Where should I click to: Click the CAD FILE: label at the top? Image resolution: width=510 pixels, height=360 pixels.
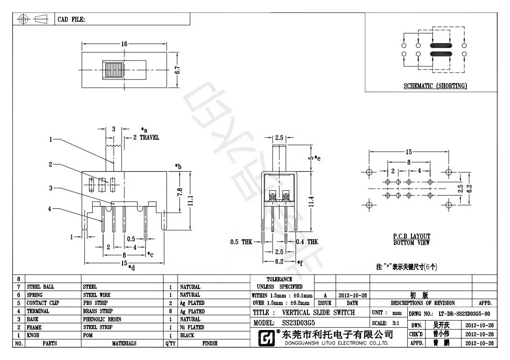71,20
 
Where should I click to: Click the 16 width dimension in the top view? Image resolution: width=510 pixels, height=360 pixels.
124,44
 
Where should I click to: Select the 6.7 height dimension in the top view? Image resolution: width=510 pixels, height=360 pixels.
178,70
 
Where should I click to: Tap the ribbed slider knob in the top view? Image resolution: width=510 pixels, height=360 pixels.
114,70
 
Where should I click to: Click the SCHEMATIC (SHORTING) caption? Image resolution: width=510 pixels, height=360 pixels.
435,86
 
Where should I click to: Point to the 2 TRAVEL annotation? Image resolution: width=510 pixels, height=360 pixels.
146,137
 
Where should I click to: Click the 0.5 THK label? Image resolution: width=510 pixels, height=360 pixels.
241,242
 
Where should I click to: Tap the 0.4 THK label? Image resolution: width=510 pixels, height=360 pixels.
307,242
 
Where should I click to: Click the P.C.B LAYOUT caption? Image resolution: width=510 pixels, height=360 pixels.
411,237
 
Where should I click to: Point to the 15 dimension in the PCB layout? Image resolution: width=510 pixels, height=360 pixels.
409,152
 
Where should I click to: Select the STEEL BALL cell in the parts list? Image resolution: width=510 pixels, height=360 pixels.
40,287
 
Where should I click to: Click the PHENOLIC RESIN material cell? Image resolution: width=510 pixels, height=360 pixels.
102,319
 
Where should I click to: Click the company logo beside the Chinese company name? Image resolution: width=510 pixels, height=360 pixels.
266,337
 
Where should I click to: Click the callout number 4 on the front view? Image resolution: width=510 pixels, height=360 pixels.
50,209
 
